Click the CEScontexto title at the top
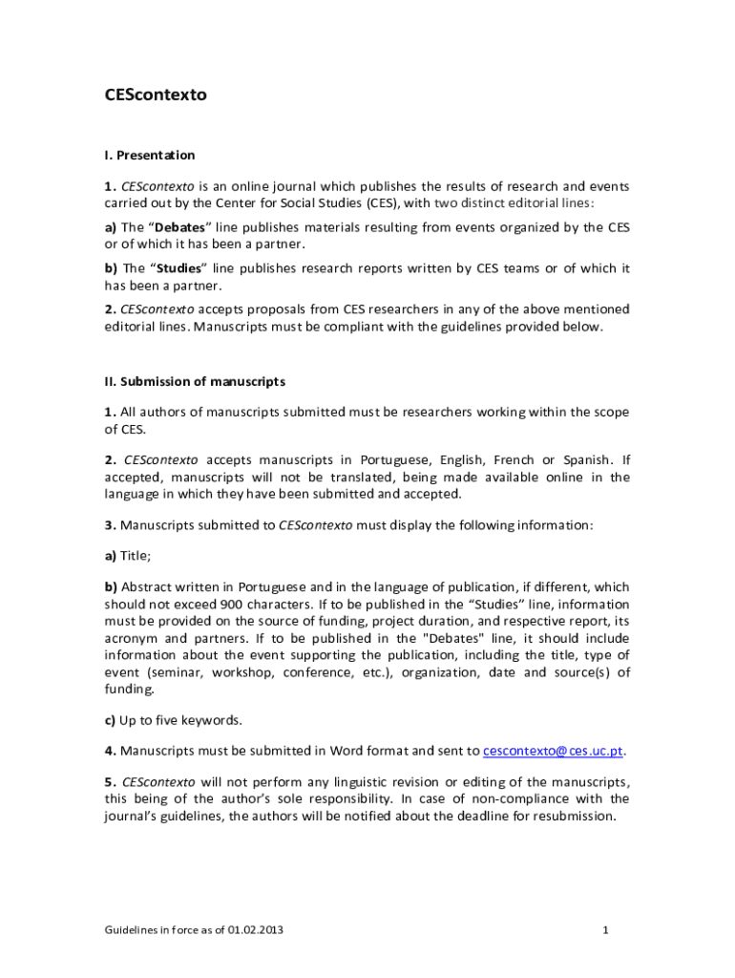coord(156,96)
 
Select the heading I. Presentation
coord(150,155)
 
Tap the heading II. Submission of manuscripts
coord(195,381)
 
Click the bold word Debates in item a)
coord(180,227)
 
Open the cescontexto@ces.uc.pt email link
coord(554,751)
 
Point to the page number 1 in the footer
coord(606,929)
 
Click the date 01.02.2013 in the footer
coord(255,929)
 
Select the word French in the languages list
coord(514,459)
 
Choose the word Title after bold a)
coord(135,555)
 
